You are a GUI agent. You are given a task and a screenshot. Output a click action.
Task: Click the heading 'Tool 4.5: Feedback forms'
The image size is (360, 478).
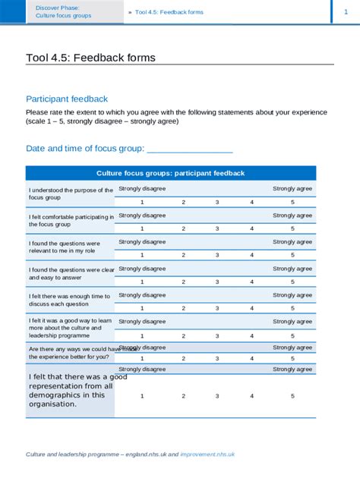tap(90, 58)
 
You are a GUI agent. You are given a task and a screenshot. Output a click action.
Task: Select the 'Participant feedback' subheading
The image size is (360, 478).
tap(67, 99)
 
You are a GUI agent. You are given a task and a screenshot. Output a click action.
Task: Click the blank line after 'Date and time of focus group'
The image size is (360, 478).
tap(189, 149)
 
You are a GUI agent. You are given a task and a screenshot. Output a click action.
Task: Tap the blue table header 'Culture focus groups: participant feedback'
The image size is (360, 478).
tap(171, 174)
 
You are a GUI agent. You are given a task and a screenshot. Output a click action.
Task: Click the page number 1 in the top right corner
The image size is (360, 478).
tap(346, 11)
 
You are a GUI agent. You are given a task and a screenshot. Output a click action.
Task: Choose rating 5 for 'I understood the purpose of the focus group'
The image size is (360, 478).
tap(292, 202)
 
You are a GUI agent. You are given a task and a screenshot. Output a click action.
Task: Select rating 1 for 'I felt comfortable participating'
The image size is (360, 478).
tap(141, 228)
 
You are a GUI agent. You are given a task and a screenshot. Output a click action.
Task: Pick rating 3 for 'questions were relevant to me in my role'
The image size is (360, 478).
tap(217, 255)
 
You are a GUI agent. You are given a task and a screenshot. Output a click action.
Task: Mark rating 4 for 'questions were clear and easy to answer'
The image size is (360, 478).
tap(252, 281)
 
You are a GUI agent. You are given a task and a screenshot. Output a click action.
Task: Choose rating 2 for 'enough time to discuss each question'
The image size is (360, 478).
tap(183, 308)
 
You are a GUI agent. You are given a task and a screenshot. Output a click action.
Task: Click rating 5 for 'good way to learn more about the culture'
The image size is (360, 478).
tap(292, 335)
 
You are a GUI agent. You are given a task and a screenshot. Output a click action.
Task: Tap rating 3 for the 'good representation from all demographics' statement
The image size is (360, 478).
tap(217, 395)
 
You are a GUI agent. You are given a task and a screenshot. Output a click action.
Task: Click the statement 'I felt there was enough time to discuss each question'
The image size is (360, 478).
tap(70, 301)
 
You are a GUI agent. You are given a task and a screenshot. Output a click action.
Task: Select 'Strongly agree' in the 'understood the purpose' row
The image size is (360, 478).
tap(292, 189)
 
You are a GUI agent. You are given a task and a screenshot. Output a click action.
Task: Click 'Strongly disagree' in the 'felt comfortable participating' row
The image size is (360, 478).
tap(142, 215)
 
